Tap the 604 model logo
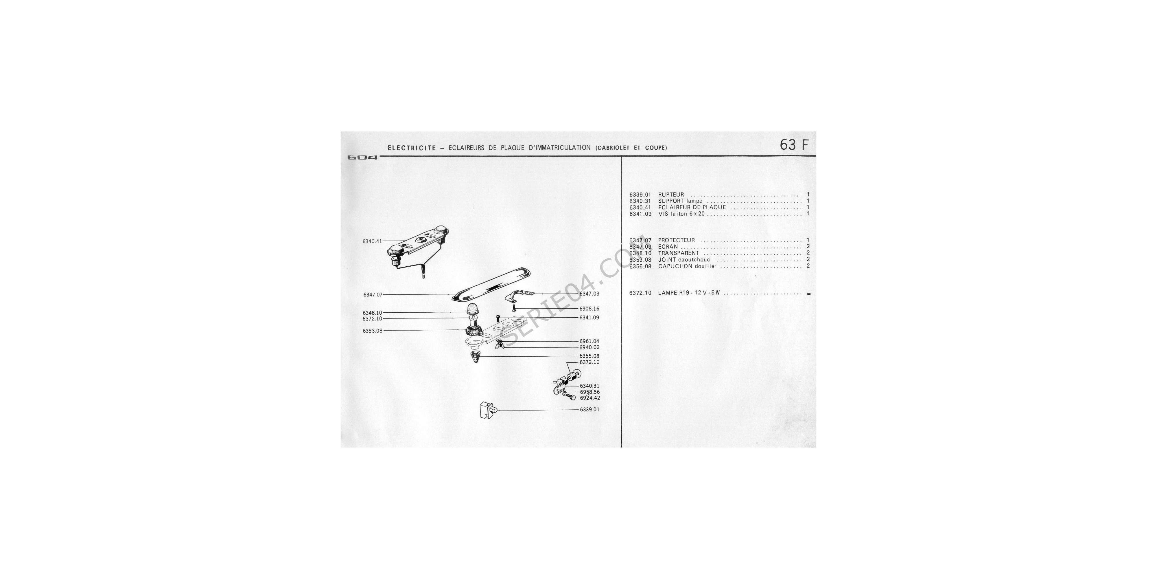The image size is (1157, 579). pos(363,158)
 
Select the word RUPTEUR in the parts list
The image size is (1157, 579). pos(671,195)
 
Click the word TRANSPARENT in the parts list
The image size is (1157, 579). pos(679,253)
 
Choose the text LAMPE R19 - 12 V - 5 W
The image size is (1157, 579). pos(689,293)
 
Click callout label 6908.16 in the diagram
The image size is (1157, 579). pos(589,309)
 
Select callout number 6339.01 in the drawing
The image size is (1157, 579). pos(589,410)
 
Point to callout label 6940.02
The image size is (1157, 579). pos(589,347)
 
